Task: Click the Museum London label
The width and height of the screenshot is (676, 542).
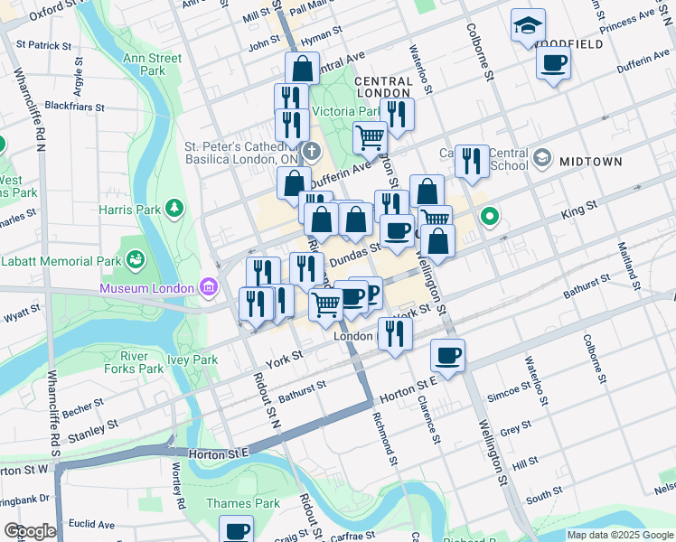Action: click(x=147, y=288)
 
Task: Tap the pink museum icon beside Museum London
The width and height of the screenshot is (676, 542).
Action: click(x=209, y=287)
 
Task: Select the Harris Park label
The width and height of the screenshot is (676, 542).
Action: click(x=128, y=210)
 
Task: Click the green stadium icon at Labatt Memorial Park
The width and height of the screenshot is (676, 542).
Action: click(x=136, y=260)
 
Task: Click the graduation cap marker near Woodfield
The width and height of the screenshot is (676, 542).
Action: click(x=527, y=27)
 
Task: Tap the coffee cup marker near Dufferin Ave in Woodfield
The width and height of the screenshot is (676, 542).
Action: click(x=553, y=63)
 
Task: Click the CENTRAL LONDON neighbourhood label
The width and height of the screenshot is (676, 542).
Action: click(x=384, y=87)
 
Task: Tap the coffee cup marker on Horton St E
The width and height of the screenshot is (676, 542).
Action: click(x=447, y=355)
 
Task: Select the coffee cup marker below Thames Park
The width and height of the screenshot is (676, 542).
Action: click(x=237, y=531)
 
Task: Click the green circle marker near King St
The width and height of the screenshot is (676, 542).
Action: click(x=490, y=217)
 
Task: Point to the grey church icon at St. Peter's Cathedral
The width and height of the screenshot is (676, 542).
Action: click(x=311, y=152)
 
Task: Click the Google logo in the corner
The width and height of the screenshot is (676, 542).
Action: click(x=30, y=531)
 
